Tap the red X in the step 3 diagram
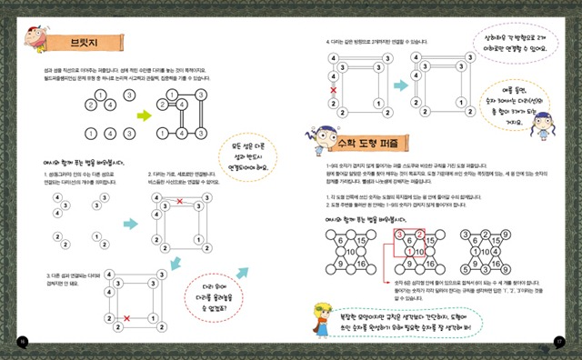(x=125, y=317)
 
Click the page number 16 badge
(x=20, y=342)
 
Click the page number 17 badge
(x=561, y=342)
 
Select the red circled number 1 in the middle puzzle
(x=409, y=252)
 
